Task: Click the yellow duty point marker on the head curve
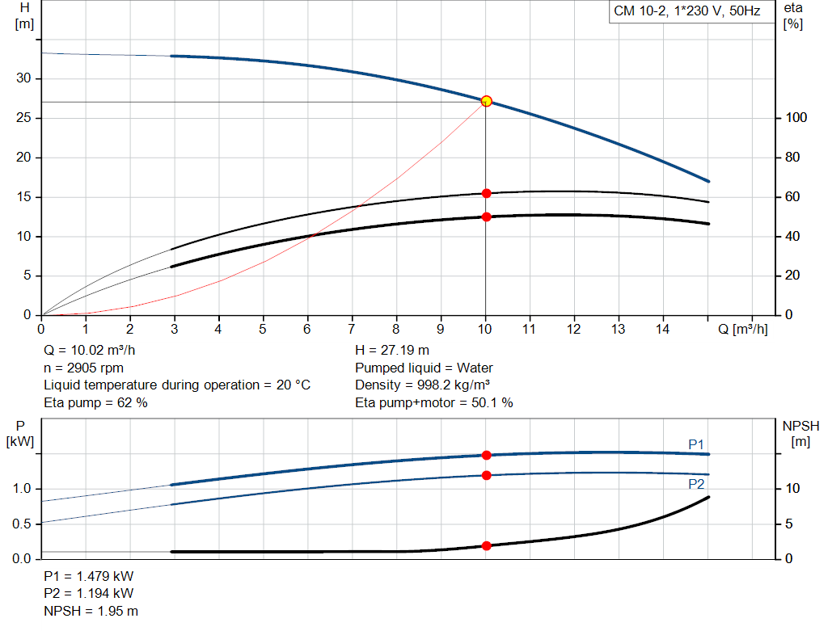click(486, 101)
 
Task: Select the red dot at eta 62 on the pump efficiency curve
click(486, 193)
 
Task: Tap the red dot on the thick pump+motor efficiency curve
click(486, 217)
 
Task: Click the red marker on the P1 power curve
click(486, 455)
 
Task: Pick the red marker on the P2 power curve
click(486, 475)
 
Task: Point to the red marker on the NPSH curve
click(486, 545)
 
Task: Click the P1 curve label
click(696, 444)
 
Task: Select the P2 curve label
click(696, 484)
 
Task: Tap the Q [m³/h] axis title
click(742, 329)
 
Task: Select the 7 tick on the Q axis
click(352, 329)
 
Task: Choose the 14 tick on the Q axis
click(662, 329)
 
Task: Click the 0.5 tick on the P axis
click(22, 524)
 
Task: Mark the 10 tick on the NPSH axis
click(792, 488)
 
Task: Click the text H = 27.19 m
click(392, 351)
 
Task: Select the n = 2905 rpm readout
click(83, 368)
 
